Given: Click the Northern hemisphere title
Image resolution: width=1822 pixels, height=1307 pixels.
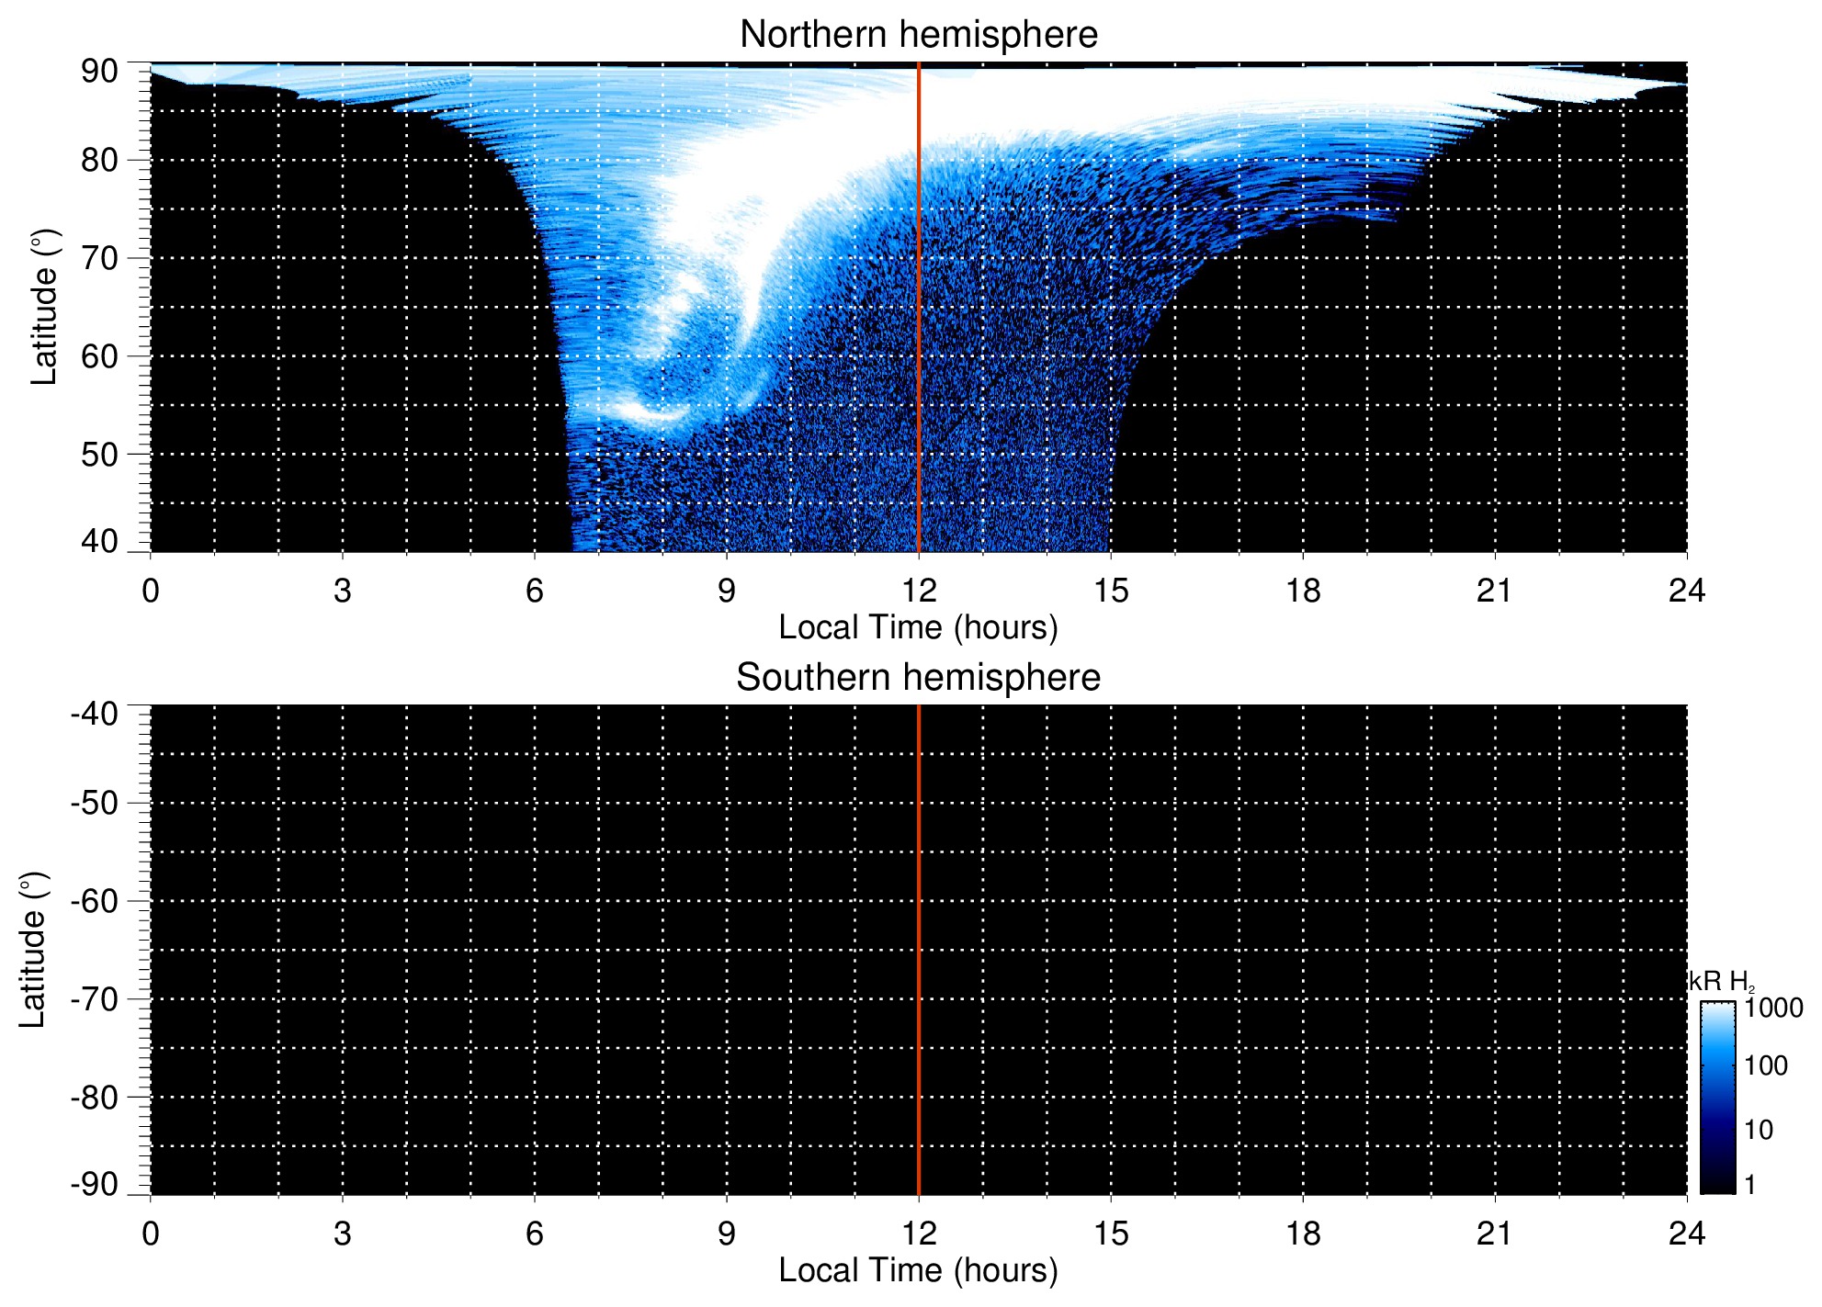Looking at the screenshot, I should [918, 35].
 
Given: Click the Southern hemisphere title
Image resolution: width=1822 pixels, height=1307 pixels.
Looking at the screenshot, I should [918, 678].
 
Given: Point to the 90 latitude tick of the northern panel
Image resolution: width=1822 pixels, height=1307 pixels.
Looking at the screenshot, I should [99, 72].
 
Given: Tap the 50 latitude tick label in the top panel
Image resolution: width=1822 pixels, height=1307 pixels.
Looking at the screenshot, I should [99, 455].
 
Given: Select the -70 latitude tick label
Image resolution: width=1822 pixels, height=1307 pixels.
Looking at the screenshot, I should [94, 999].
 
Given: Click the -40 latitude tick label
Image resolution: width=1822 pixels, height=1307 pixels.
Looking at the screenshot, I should [94, 714].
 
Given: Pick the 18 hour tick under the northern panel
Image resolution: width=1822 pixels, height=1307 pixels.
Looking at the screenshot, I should [1303, 591].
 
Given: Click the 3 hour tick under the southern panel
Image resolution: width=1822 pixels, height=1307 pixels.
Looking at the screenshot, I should [343, 1234].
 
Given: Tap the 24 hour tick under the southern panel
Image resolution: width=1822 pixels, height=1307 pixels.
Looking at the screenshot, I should [1686, 1234].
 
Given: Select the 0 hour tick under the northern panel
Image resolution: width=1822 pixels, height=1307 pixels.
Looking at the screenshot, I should [151, 591].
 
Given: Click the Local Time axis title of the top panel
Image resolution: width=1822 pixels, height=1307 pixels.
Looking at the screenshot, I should [918, 627].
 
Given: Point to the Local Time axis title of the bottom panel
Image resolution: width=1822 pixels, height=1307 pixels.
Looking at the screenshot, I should [918, 1270].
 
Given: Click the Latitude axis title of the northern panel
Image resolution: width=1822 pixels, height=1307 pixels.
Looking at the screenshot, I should [44, 307].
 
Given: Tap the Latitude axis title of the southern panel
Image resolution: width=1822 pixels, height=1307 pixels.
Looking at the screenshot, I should [33, 950].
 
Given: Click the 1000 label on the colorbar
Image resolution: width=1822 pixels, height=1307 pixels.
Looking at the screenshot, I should [1773, 1008].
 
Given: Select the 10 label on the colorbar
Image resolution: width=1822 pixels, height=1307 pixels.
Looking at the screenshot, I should [1759, 1130].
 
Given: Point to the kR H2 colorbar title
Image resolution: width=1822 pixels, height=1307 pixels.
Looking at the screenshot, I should [1721, 982].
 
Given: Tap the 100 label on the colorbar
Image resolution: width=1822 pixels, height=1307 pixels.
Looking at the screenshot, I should [1766, 1066].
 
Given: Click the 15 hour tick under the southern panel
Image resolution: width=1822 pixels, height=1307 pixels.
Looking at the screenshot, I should [1111, 1234].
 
